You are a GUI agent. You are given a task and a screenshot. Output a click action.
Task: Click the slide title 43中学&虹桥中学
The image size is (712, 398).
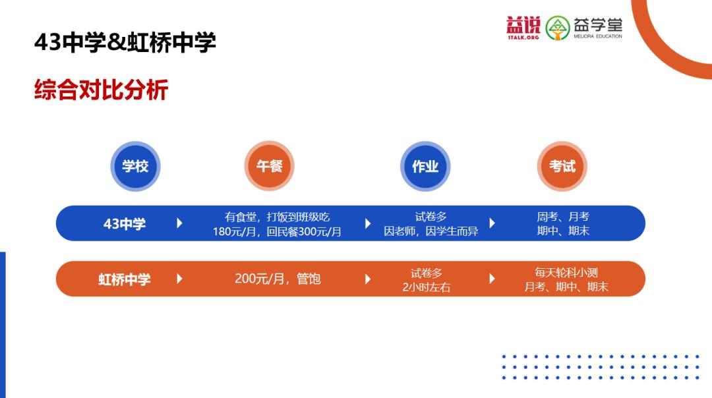[x=125, y=43]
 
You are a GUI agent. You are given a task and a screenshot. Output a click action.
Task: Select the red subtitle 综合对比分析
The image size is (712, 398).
[x=101, y=90]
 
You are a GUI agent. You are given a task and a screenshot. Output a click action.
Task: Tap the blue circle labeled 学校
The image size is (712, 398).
[x=135, y=166]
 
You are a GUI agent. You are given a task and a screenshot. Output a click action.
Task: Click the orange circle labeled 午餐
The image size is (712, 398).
[x=269, y=166]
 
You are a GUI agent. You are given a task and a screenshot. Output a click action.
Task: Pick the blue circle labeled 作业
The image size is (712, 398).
[x=425, y=166]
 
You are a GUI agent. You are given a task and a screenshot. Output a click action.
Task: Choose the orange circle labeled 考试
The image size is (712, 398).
[x=562, y=166]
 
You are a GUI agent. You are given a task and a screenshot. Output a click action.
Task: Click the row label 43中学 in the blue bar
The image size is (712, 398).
[x=125, y=224]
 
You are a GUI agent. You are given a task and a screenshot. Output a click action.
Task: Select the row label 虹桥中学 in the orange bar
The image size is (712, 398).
[x=125, y=279]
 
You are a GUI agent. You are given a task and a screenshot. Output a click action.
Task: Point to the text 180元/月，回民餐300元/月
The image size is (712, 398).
[x=277, y=232]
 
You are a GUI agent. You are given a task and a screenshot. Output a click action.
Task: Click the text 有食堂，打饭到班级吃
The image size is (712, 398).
[x=277, y=216]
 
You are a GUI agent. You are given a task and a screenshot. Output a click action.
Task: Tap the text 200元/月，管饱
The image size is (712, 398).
[x=278, y=279]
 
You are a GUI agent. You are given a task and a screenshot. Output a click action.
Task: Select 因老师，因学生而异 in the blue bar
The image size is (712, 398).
[x=431, y=231]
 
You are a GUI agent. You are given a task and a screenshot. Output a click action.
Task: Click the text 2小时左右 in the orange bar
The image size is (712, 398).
[x=427, y=287]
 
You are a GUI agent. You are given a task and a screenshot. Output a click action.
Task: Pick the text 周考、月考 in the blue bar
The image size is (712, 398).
[x=563, y=216]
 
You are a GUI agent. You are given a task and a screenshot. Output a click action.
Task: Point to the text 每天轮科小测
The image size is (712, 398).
[x=566, y=271]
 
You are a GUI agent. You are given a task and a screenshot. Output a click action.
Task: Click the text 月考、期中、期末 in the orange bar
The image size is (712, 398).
[x=566, y=287]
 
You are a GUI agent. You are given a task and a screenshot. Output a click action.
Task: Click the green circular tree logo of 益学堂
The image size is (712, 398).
[x=558, y=28]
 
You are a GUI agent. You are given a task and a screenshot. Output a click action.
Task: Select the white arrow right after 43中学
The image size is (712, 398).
[x=179, y=223]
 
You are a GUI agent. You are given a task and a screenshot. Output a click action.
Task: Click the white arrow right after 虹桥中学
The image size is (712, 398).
[x=179, y=279]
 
